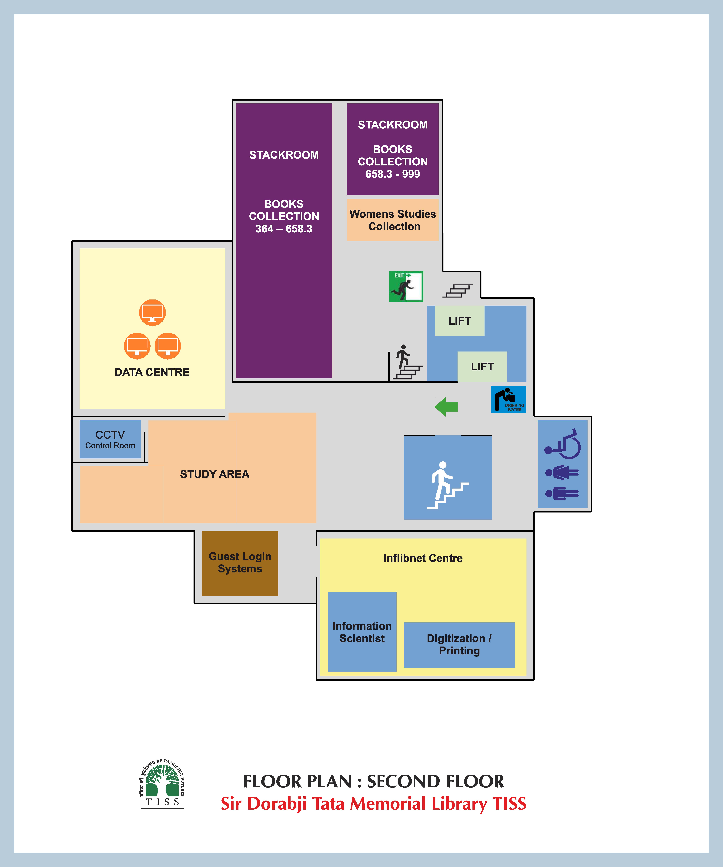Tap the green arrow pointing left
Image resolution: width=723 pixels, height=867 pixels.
[446, 407]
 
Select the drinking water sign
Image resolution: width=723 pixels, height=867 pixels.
[508, 399]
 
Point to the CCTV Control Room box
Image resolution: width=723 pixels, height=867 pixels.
[110, 439]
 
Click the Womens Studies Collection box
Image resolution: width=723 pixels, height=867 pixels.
[392, 220]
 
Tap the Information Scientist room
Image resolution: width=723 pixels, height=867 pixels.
[362, 632]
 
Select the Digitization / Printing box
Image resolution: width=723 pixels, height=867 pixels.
[459, 644]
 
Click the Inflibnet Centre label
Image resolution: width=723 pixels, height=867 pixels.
[423, 558]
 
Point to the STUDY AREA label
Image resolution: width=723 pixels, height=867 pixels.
[214, 474]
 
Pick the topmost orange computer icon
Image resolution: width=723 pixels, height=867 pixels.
[152, 312]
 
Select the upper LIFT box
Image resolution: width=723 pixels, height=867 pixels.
[459, 321]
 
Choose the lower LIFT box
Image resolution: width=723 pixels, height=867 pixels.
[482, 367]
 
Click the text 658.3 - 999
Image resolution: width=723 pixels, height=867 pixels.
[392, 174]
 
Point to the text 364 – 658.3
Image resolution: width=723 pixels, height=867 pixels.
[284, 229]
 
